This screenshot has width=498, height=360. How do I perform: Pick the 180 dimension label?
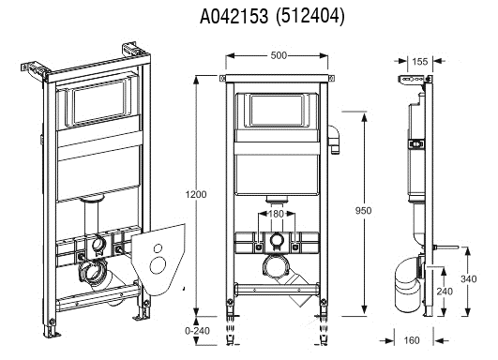pos(274,215)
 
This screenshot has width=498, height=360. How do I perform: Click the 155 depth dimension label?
pos(419,62)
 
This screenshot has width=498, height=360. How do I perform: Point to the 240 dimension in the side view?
pos(444,292)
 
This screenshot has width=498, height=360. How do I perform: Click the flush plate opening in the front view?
pos(276,112)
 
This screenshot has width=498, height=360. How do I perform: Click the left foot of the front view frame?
pos(230,309)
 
